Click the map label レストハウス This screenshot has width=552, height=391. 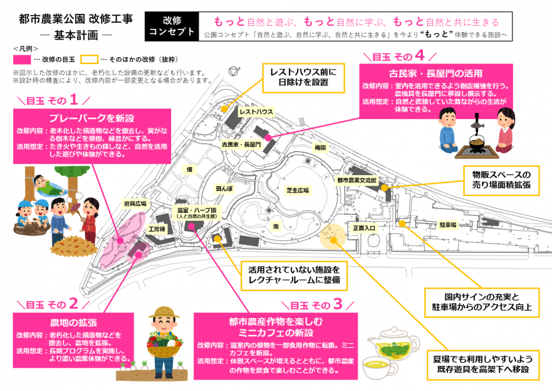click(x=257, y=111)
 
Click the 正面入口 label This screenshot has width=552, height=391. click(x=364, y=228)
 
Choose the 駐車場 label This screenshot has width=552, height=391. click(x=447, y=224)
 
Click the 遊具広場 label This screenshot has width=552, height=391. click(x=135, y=203)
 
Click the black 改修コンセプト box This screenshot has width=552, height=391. click(x=171, y=26)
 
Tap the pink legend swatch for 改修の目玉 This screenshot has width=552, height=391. click(x=22, y=60)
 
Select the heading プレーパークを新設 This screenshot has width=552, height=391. click(x=92, y=117)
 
